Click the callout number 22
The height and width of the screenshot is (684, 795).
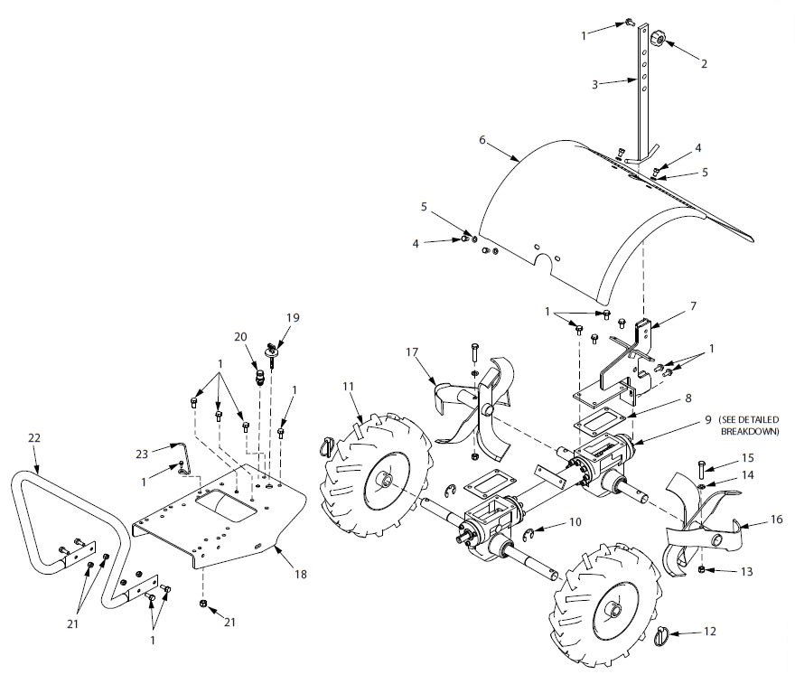click(x=34, y=437)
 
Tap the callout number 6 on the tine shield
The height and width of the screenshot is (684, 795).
click(x=482, y=140)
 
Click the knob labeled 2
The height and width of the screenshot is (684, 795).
click(x=659, y=39)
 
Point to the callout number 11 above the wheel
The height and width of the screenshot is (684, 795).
click(x=349, y=388)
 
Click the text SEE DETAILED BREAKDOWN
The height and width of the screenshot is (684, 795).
click(x=749, y=426)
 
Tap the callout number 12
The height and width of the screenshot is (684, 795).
click(x=709, y=631)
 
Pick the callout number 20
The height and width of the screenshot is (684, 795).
click(x=240, y=336)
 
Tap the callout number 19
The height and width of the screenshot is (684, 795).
click(x=292, y=317)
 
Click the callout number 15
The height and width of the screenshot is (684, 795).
click(x=748, y=459)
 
